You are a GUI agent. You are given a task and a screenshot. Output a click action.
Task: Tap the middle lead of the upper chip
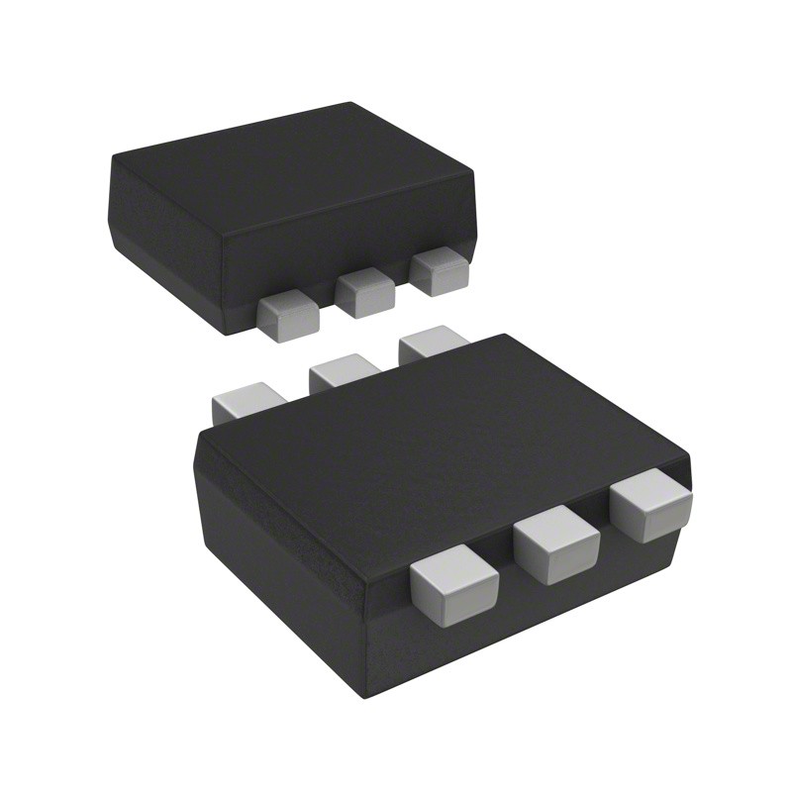tap(365, 294)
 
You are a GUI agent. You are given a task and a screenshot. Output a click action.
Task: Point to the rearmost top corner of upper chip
tap(351, 103)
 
